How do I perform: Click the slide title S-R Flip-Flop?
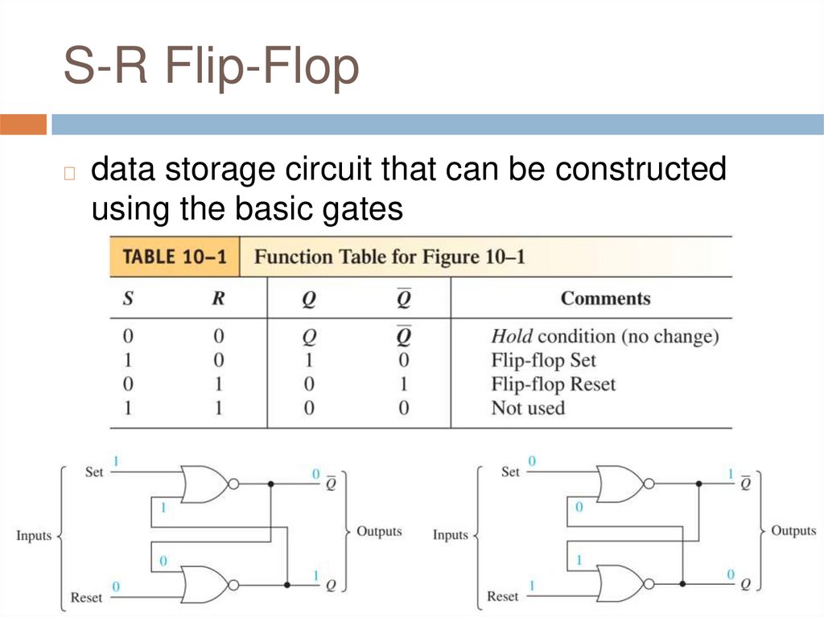pos(211,67)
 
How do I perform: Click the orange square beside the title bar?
pos(23,125)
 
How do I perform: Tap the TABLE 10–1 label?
pos(174,257)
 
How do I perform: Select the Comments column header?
pos(605,298)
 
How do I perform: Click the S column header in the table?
pos(128,299)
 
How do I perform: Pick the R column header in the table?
pos(217,299)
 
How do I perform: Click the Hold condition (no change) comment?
pos(604,336)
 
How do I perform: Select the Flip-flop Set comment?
pos(543,360)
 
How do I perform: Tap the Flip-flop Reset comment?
pos(553,384)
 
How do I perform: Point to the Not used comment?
pos(528,408)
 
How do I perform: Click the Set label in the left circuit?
pos(94,472)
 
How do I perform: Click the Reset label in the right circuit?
pos(503,596)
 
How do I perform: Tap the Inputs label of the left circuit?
pos(34,536)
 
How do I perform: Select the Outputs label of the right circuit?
pos(793,530)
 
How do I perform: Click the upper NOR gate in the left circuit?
pos(205,483)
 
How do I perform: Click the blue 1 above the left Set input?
pos(116,462)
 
